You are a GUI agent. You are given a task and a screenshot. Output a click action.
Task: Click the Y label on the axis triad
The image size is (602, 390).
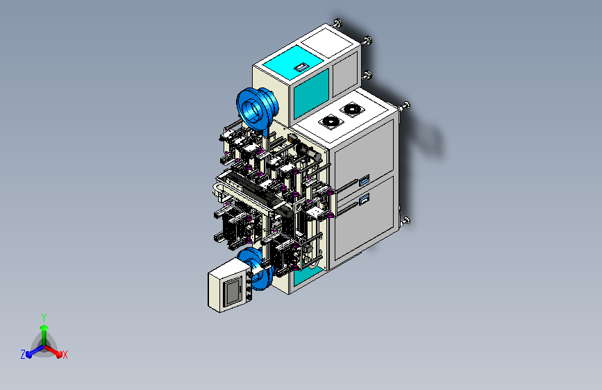click(x=44, y=317)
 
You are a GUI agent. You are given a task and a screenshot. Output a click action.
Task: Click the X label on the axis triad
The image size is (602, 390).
click(x=65, y=355)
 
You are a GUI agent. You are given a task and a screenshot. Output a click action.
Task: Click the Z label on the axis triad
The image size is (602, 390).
click(x=23, y=355)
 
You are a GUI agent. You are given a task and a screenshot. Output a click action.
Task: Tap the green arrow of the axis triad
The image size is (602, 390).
click(x=44, y=334)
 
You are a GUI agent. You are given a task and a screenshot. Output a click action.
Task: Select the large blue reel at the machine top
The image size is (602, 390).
click(x=256, y=110)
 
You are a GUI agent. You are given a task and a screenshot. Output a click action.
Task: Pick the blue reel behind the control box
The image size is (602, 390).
click(x=256, y=269)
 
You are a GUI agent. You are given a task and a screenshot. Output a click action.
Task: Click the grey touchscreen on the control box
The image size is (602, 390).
click(x=233, y=291)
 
